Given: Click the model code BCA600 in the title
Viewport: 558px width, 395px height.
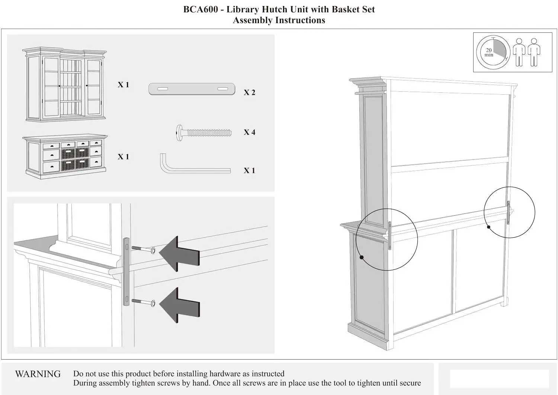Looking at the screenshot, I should coord(201,9).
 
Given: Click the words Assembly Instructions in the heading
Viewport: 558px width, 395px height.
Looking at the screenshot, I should coord(279,20).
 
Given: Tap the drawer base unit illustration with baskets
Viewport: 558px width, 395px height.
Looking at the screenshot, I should coord(65,157).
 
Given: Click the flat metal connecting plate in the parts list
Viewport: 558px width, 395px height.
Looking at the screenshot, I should coord(192,89).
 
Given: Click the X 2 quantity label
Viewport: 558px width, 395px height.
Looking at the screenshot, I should coord(249,92).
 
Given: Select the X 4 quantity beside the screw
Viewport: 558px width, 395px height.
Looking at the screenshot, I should coord(249,132).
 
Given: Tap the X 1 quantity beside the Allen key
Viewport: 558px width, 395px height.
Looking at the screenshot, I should coord(249,171).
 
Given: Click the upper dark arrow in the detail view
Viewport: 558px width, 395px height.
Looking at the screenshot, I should coord(180,254).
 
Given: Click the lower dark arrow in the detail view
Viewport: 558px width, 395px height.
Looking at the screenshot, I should coord(180,305).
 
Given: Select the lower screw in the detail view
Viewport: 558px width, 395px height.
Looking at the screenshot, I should coord(144,302).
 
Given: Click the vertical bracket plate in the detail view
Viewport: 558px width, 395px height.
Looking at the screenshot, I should coord(126,272).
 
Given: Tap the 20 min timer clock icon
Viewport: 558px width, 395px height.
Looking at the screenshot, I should coord(493,53).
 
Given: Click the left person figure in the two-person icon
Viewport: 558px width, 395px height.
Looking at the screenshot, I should coord(519,52).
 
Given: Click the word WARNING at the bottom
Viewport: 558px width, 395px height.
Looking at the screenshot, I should coord(38,374).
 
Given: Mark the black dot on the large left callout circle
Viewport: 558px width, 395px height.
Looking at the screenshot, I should coord(362,257).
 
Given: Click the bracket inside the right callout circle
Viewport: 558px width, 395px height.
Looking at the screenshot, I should coord(508,212).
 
